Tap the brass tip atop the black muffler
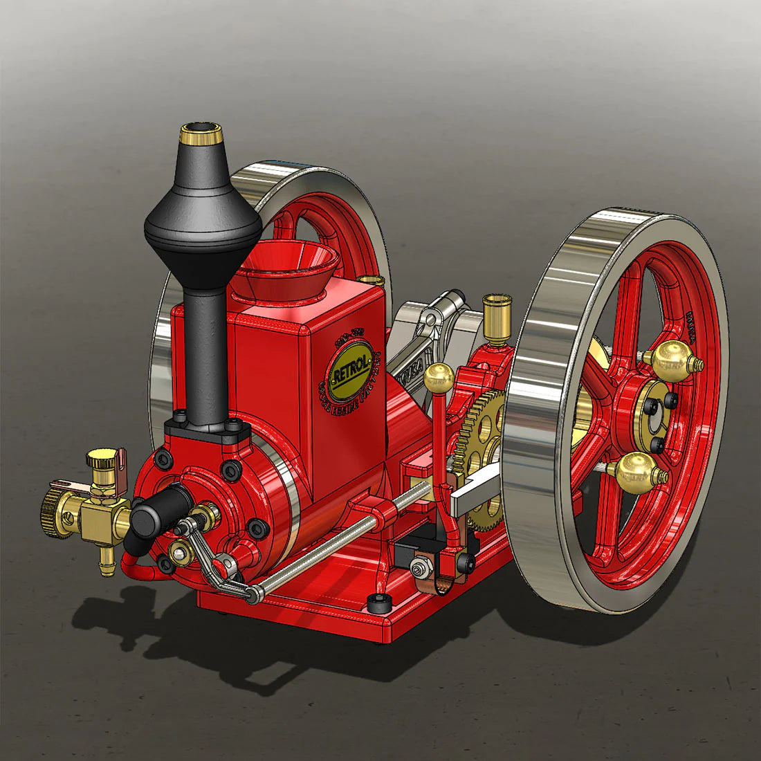click(201, 134)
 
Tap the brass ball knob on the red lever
click(439, 378)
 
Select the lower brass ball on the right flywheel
click(640, 470)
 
